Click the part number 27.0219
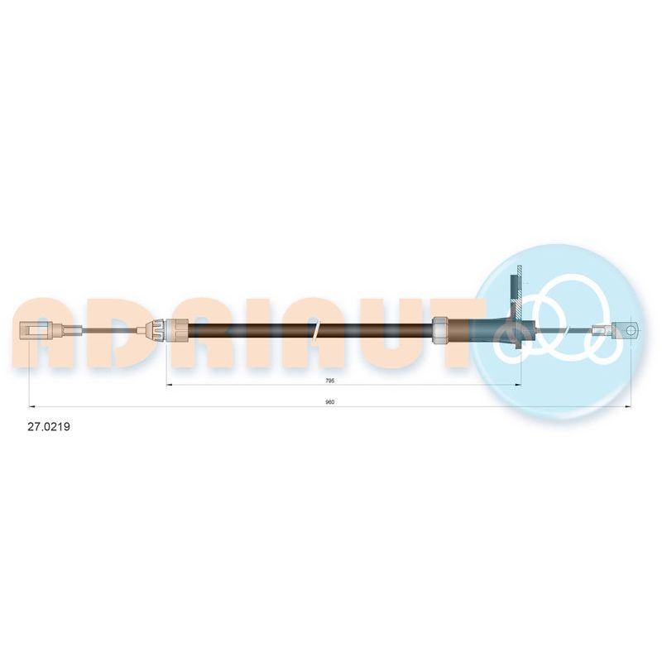[x=49, y=427]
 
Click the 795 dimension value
[x=330, y=381]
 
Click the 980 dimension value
[x=330, y=402]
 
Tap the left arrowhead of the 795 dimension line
[x=170, y=385]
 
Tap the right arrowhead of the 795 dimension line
[x=518, y=385]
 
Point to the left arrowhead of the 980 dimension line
[x=31, y=407]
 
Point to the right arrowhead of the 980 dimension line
[x=628, y=407]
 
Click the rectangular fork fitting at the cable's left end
[x=36, y=329]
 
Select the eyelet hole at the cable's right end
[x=631, y=329]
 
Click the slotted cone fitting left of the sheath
[x=156, y=329]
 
